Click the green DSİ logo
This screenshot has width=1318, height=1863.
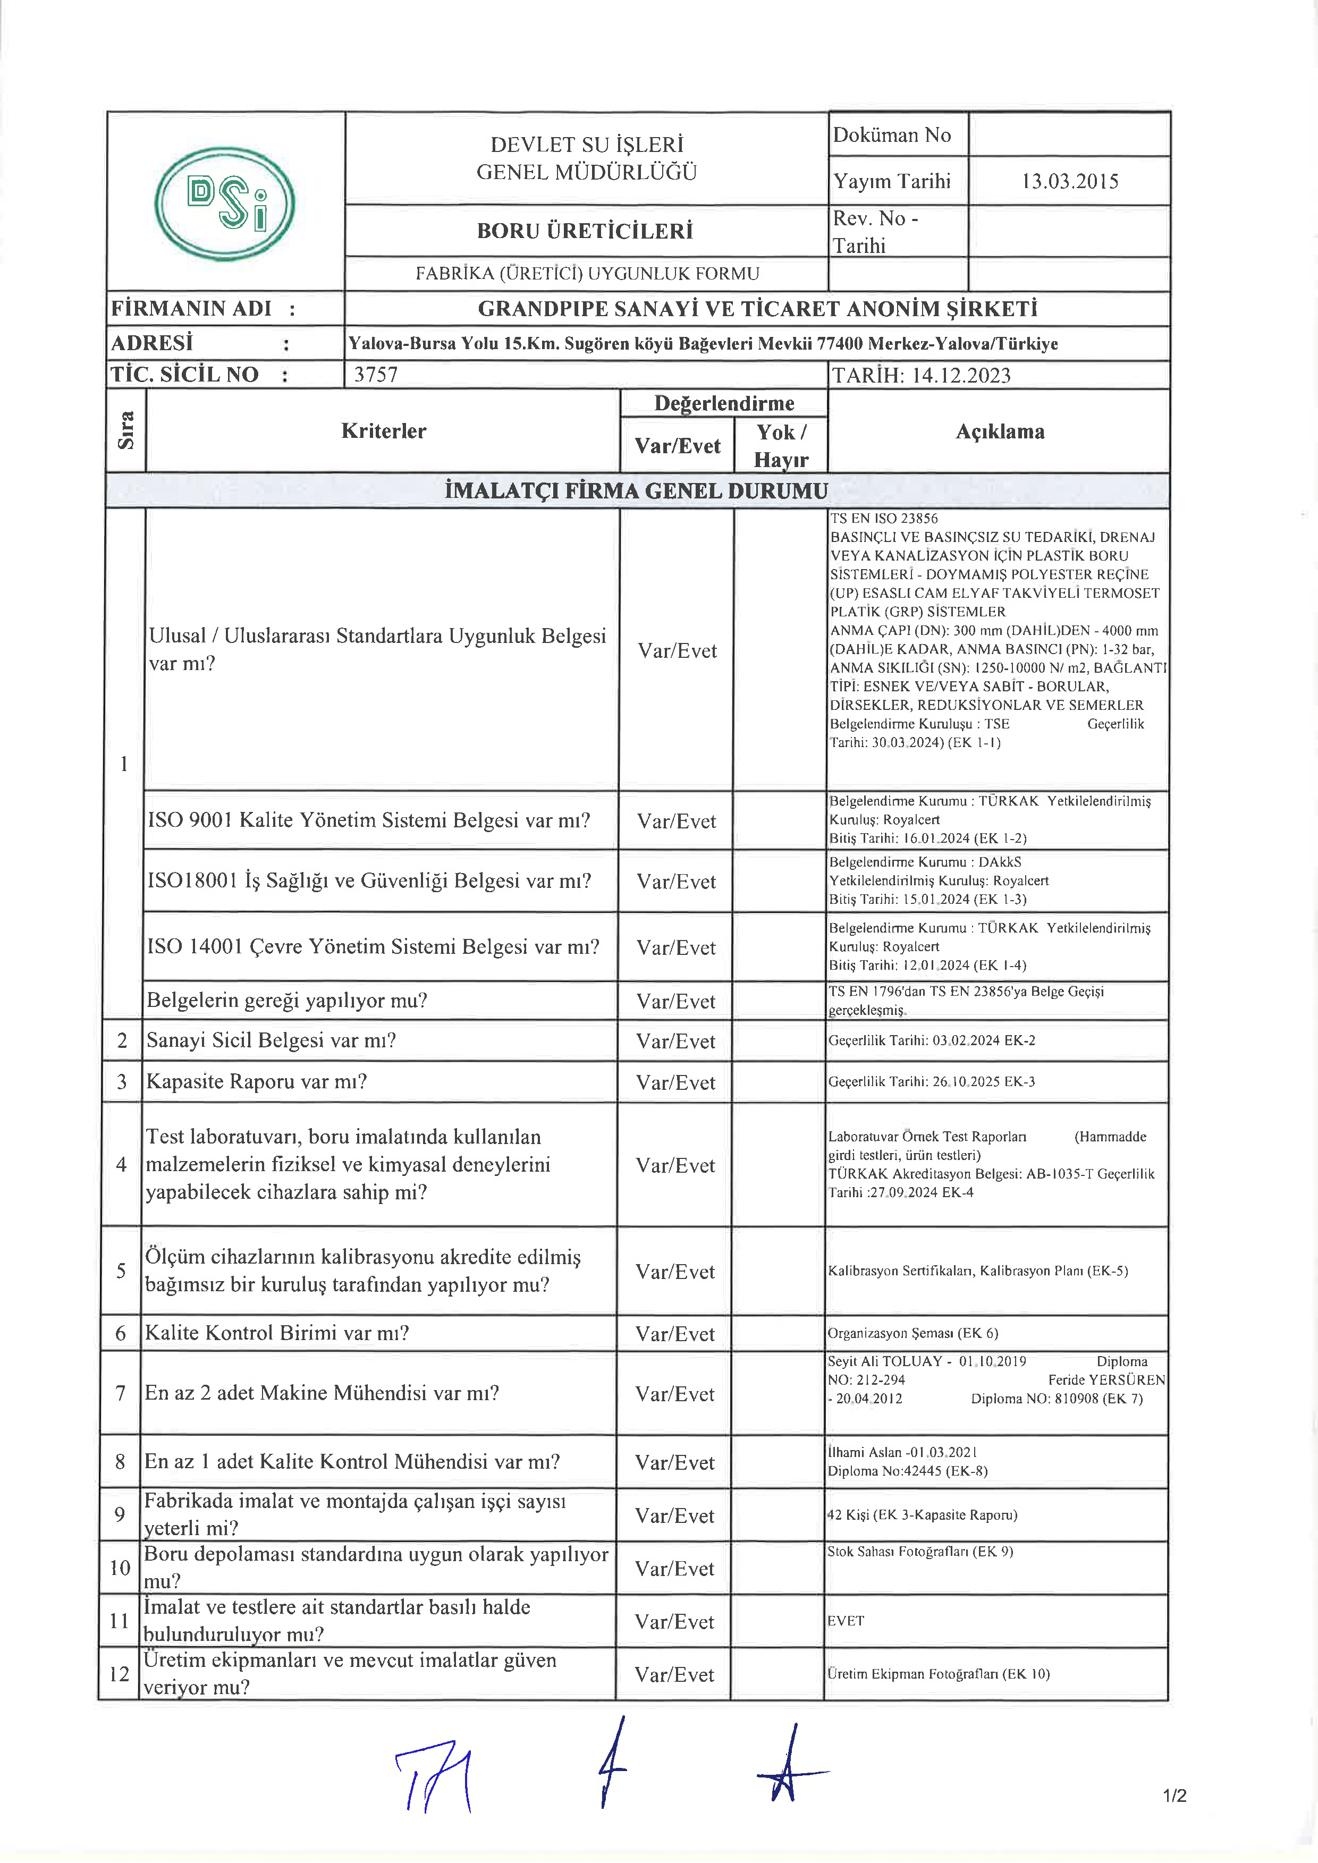pyautogui.click(x=225, y=204)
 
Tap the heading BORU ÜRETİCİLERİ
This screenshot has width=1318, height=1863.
pyautogui.click(x=585, y=231)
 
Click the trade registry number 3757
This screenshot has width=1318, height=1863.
pyautogui.click(x=376, y=375)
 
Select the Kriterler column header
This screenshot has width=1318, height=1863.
pyautogui.click(x=383, y=431)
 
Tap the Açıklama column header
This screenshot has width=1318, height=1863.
pyautogui.click(x=999, y=431)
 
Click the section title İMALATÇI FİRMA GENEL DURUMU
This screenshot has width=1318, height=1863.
pyautogui.click(x=636, y=491)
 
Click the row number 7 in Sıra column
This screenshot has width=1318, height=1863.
pyautogui.click(x=120, y=1393)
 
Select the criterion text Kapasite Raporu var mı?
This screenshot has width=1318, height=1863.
pyautogui.click(x=257, y=1081)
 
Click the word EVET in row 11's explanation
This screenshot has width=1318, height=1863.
pyautogui.click(x=846, y=1620)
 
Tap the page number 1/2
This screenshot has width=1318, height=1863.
pyautogui.click(x=1175, y=1796)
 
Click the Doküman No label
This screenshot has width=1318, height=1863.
pyautogui.click(x=891, y=136)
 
